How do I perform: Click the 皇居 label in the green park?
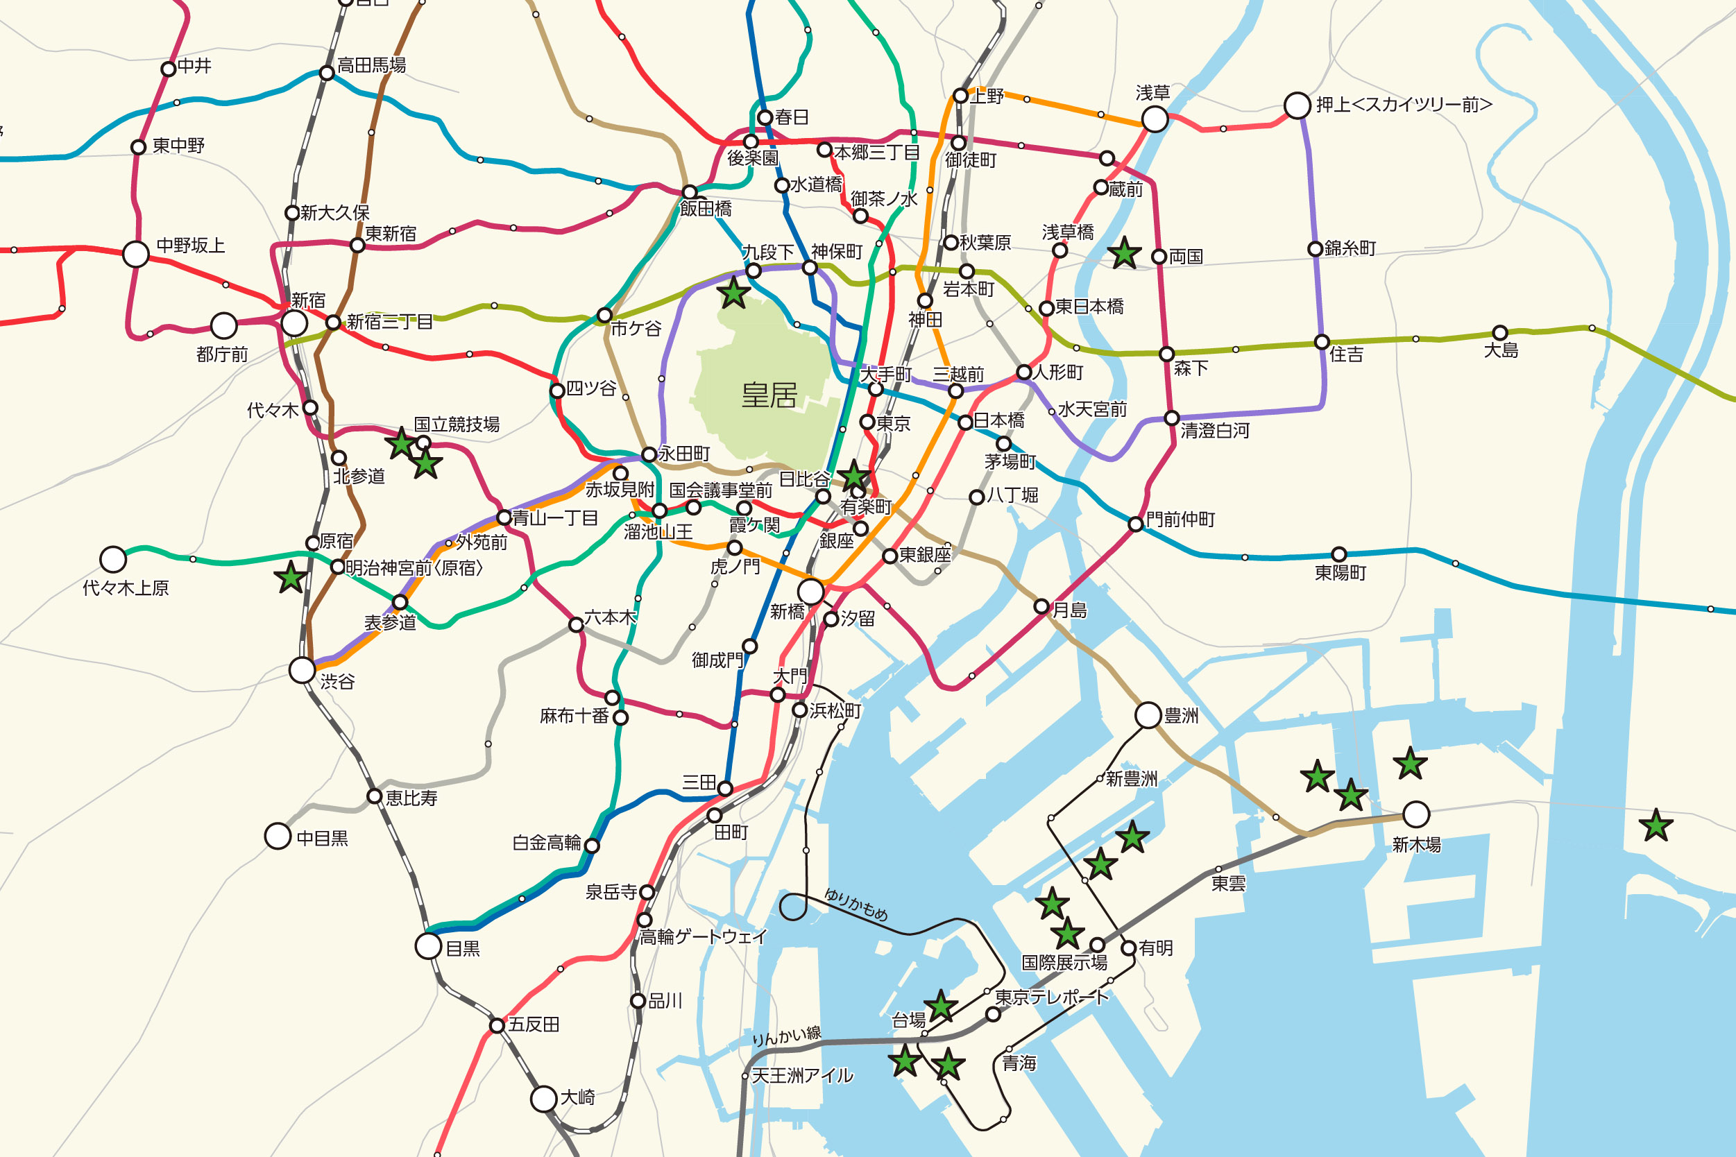(x=769, y=395)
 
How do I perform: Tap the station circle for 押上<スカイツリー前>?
(x=1297, y=105)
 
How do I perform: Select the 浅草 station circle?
(x=1155, y=119)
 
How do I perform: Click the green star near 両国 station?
(x=1124, y=253)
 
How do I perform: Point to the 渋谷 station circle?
(x=302, y=670)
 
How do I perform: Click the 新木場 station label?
(x=1415, y=845)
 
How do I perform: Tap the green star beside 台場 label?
(x=940, y=1006)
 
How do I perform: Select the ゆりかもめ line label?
(x=856, y=905)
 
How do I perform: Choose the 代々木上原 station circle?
(x=113, y=559)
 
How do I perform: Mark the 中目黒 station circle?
(x=278, y=836)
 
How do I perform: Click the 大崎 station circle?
(x=544, y=1099)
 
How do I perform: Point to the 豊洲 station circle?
(x=1148, y=715)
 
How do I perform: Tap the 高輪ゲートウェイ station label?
(x=703, y=937)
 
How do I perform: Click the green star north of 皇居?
(x=733, y=293)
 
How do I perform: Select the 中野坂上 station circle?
(x=136, y=254)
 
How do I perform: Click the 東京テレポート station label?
(x=1051, y=997)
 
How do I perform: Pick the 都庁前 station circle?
(x=223, y=325)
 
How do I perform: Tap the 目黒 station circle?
(x=428, y=946)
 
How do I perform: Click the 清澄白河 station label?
(x=1214, y=431)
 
